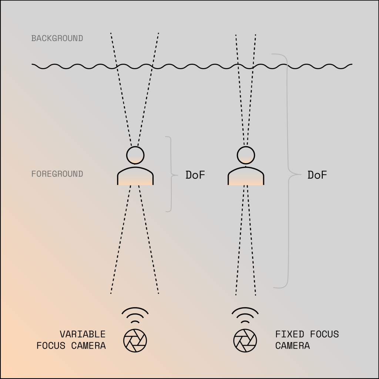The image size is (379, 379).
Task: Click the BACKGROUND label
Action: (57, 38)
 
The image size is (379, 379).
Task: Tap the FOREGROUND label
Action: (57, 174)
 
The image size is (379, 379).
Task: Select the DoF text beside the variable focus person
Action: (195, 175)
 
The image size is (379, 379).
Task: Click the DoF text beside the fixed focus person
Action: (317, 175)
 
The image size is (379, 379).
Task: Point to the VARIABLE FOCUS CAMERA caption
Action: (71, 340)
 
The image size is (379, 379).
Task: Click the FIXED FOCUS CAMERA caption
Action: (307, 340)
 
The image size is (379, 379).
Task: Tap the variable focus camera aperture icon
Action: (135, 340)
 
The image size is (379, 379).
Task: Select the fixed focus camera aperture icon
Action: (245, 340)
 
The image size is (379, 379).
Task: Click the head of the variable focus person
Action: (135, 155)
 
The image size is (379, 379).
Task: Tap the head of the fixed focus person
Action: (245, 155)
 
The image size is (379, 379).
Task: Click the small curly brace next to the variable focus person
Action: (170, 174)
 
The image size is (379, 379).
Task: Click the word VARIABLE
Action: (83, 334)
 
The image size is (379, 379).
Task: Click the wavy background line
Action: (192, 66)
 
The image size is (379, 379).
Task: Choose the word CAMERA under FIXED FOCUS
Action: (292, 346)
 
